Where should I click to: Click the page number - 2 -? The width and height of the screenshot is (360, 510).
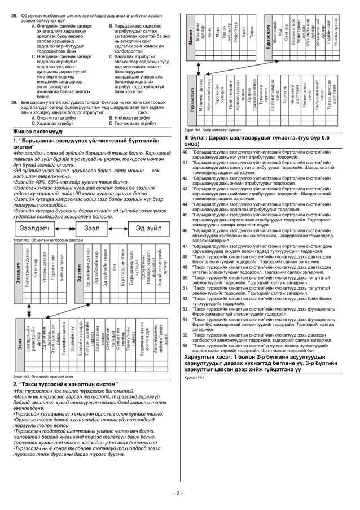point(179,493)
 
